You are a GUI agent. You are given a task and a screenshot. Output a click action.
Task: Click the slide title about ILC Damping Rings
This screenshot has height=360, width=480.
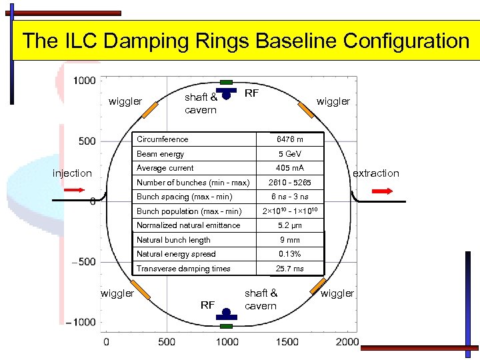pyautogui.click(x=245, y=41)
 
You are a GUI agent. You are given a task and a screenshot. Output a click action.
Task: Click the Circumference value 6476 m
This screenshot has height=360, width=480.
pyautogui.click(x=290, y=139)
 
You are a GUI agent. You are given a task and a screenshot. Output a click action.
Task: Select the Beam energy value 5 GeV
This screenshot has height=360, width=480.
pyautogui.click(x=290, y=154)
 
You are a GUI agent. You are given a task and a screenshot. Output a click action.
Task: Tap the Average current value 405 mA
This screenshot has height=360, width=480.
pyautogui.click(x=290, y=168)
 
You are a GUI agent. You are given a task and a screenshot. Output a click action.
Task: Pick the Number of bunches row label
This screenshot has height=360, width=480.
pyautogui.click(x=193, y=183)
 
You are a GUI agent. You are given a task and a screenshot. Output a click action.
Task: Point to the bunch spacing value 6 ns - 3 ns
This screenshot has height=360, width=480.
pyautogui.click(x=290, y=197)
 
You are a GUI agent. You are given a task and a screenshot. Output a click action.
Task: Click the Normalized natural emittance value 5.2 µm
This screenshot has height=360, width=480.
pyautogui.click(x=290, y=225)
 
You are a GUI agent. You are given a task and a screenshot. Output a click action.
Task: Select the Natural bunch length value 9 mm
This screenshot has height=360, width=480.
pyautogui.click(x=290, y=240)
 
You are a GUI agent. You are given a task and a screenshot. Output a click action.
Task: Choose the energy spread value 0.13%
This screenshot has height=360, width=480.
pyautogui.click(x=290, y=254)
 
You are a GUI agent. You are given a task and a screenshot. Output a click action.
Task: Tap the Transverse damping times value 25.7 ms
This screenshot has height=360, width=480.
pyautogui.click(x=290, y=269)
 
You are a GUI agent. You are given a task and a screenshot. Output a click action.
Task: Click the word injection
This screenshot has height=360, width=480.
pyautogui.click(x=72, y=173)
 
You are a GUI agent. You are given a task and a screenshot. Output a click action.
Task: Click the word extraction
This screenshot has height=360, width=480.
pyautogui.click(x=375, y=173)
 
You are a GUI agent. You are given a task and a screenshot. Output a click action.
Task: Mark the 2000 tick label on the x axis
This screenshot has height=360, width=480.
pyautogui.click(x=347, y=342)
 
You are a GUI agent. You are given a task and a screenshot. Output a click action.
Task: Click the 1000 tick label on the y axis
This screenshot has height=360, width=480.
pyautogui.click(x=84, y=80)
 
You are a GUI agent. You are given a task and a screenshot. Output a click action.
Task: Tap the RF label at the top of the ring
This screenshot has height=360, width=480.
pyautogui.click(x=251, y=93)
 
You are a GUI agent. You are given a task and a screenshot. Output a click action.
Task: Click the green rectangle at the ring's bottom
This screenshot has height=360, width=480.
pyautogui.click(x=227, y=326)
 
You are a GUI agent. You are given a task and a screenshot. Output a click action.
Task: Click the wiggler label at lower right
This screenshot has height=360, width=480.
pyautogui.click(x=337, y=293)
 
